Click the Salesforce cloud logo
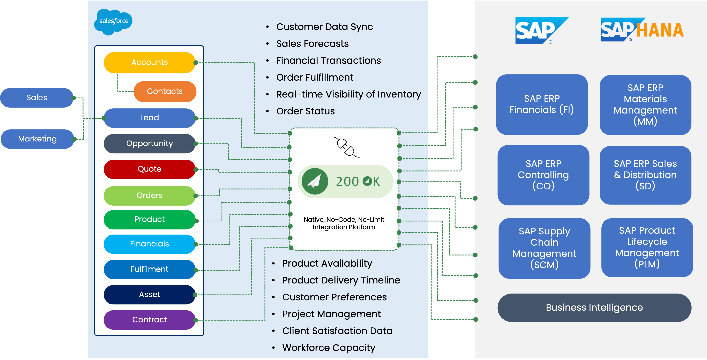pyautogui.click(x=113, y=21)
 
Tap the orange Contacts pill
pyautogui.click(x=165, y=91)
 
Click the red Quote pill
pyautogui.click(x=149, y=169)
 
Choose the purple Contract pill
pyautogui.click(x=149, y=320)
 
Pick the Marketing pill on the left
pyautogui.click(x=37, y=139)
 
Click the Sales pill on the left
pyautogui.click(x=37, y=98)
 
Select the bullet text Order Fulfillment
pyautogui.click(x=315, y=77)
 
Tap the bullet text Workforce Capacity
pyautogui.click(x=329, y=348)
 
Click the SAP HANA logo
pyautogui.click(x=642, y=30)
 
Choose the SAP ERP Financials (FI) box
pyautogui.click(x=541, y=104)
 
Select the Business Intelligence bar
pyautogui.click(x=594, y=308)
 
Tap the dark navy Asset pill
pyautogui.click(x=149, y=294)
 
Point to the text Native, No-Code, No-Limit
pyautogui.click(x=344, y=220)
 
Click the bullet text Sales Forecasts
pyautogui.click(x=312, y=44)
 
